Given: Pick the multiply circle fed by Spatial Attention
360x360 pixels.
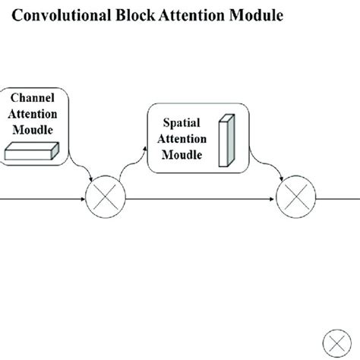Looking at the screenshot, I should [x=293, y=200].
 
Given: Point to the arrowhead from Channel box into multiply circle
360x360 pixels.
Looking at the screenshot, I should [x=91, y=181].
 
